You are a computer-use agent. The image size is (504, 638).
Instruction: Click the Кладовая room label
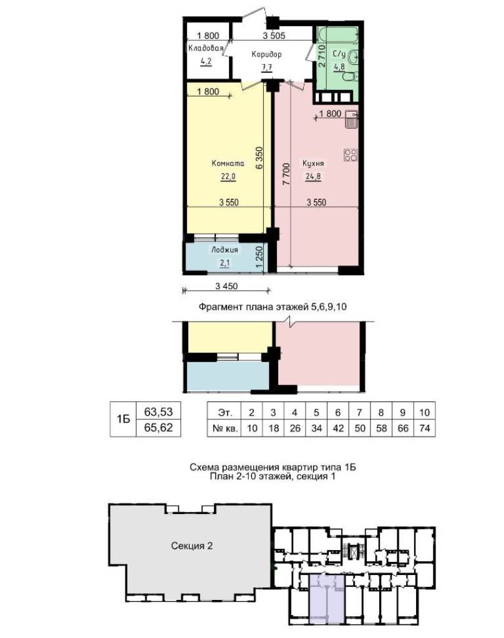point(206,48)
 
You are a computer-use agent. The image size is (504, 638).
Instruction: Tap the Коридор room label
point(266,54)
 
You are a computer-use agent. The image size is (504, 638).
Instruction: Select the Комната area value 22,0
point(228,176)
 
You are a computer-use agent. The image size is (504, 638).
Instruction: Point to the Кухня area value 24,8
point(313,176)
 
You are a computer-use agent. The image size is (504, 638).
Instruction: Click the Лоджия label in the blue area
point(225,250)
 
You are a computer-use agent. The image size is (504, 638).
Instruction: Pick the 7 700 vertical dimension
point(286,174)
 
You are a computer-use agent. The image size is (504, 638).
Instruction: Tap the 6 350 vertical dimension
point(259,158)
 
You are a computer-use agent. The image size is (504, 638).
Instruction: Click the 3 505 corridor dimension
point(274,36)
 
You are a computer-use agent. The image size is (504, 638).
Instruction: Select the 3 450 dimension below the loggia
point(226,286)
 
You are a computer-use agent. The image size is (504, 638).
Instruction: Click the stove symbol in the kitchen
point(351,155)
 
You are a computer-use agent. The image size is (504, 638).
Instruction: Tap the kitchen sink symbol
point(351,119)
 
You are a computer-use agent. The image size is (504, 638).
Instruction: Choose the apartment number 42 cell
point(338,429)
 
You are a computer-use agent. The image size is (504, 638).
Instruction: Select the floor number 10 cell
point(425,412)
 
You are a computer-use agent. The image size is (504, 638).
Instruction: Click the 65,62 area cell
point(158,428)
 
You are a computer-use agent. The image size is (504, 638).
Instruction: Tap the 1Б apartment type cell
point(123,419)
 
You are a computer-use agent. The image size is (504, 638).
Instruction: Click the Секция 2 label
point(192,546)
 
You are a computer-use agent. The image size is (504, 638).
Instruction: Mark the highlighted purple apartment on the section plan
point(327,598)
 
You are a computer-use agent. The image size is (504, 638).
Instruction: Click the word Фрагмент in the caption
point(220,307)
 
